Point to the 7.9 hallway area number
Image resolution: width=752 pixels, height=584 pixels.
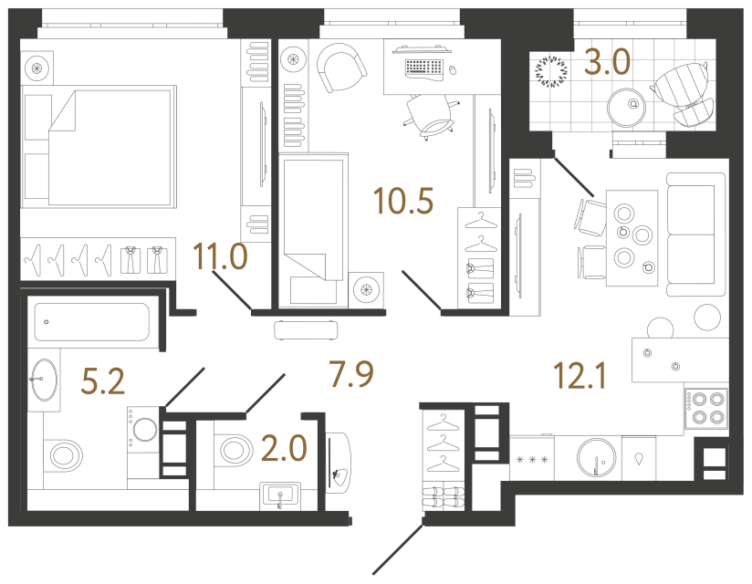pos(350,373)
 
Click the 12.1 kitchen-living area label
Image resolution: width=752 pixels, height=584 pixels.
pos(581,373)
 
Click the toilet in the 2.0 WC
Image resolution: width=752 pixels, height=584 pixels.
pos(235,448)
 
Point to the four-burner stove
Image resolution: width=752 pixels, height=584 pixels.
pos(706,407)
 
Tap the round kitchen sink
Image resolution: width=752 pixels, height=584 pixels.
pos(599,454)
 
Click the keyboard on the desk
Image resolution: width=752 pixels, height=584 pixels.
pos(422,67)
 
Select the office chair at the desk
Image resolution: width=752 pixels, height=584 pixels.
pos(429,115)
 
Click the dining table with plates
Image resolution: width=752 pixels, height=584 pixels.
pos(632,237)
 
